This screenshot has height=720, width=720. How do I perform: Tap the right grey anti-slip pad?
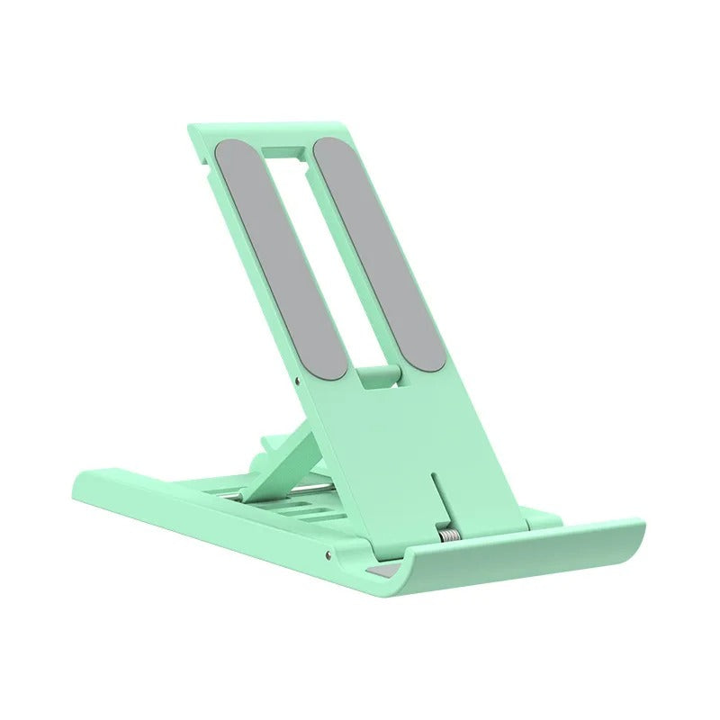click(x=378, y=252)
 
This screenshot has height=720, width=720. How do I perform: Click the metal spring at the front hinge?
click(x=447, y=535)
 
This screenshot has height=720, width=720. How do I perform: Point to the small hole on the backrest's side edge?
click(x=298, y=380)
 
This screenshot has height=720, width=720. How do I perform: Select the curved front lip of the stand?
click(x=504, y=567)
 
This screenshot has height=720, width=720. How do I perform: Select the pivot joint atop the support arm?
click(x=271, y=445)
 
